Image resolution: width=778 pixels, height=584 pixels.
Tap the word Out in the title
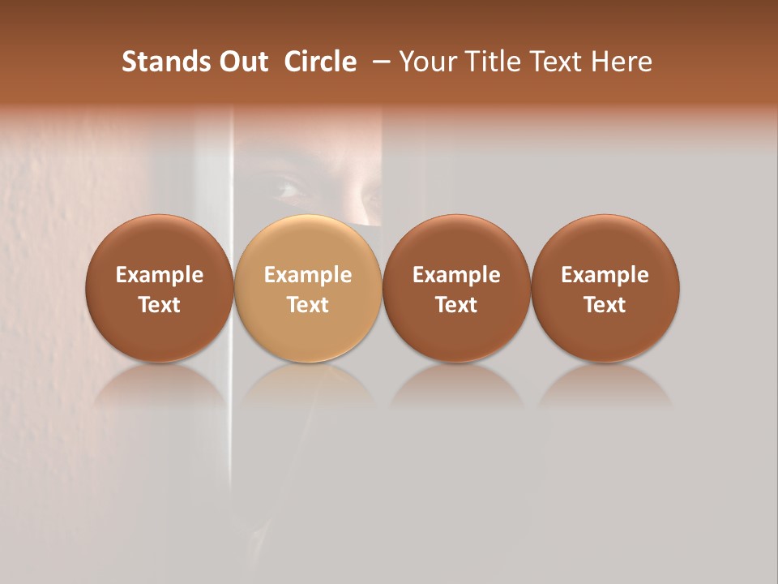[242, 62]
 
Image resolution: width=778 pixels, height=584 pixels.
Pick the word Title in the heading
[493, 62]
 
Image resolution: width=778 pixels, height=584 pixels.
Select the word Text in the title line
[556, 62]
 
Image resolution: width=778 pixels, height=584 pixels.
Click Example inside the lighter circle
[308, 275]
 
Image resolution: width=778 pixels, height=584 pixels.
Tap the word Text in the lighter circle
[308, 305]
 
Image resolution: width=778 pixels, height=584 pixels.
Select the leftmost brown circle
[159, 288]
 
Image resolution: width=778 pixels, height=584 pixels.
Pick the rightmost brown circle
[605, 288]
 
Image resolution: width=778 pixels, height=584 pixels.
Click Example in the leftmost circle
[159, 275]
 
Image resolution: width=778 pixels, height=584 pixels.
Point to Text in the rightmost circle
[605, 305]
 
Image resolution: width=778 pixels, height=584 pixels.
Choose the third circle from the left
[456, 288]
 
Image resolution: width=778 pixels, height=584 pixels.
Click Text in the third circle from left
[456, 305]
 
